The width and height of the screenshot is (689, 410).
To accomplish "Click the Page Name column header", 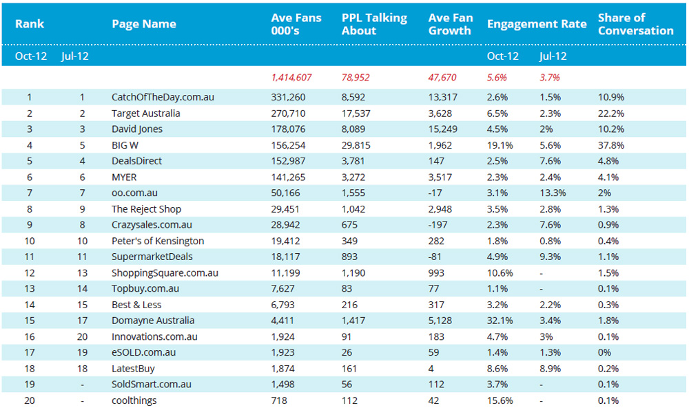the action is (144, 24).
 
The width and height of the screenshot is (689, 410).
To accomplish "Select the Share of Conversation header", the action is (635, 24).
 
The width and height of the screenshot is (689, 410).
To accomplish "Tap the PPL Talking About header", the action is (374, 24).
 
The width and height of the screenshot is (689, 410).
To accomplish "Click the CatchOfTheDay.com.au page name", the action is (163, 98).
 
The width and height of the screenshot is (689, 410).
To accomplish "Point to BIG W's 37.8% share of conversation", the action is (610, 145).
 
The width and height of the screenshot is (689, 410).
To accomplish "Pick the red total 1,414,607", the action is (291, 78).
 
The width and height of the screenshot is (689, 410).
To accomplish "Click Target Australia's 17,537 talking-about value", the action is (356, 114).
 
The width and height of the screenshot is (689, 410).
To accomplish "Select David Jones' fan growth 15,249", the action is (442, 129).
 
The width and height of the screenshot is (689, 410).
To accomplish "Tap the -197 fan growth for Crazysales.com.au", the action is (438, 225).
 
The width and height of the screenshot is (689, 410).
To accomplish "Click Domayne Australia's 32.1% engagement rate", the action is (500, 321).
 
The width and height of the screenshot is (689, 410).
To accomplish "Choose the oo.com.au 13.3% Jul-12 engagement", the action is (553, 193).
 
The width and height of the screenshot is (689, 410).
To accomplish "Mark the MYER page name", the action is (124, 177).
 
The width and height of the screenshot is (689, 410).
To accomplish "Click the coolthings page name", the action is (134, 400).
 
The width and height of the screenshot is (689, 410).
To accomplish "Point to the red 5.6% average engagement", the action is (497, 78).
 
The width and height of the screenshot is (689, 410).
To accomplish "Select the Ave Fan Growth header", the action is (451, 24).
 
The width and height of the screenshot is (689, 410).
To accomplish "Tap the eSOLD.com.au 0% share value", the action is (604, 352).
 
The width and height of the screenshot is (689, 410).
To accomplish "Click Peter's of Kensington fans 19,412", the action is (285, 241).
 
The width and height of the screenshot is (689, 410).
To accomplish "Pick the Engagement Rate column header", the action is (537, 24).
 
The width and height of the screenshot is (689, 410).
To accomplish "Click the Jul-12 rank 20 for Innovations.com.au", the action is (82, 337).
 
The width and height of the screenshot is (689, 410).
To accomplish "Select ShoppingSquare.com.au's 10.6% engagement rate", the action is (500, 272).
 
